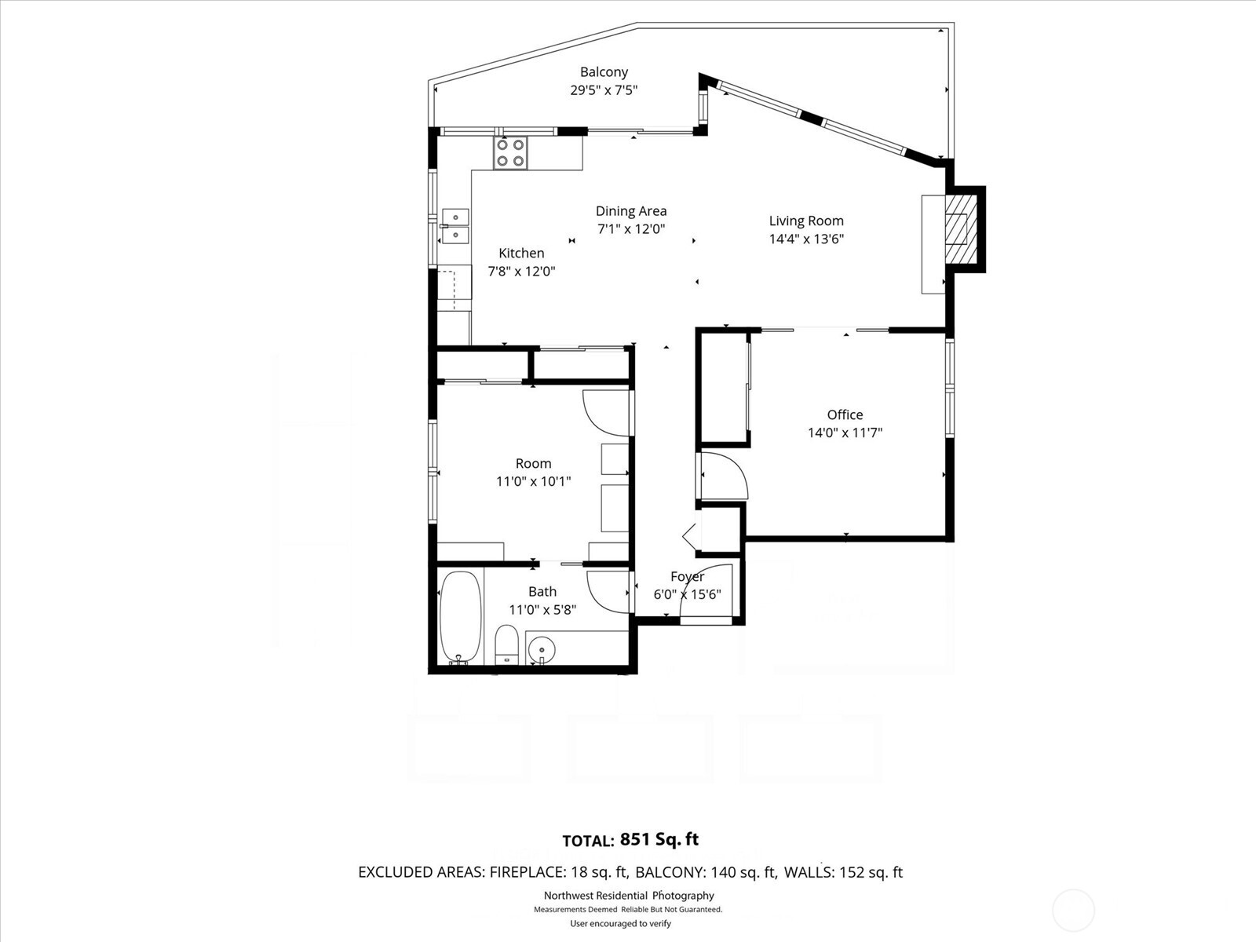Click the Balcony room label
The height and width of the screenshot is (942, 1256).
(x=604, y=72)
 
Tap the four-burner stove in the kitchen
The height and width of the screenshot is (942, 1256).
(x=510, y=153)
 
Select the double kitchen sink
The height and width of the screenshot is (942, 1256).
(x=455, y=226)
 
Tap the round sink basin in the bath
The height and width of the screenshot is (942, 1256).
(x=541, y=649)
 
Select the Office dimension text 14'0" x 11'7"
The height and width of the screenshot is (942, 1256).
(x=845, y=433)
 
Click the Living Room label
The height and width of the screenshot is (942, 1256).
(x=806, y=221)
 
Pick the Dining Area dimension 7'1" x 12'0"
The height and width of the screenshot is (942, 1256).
(x=631, y=229)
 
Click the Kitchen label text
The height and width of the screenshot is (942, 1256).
(x=521, y=253)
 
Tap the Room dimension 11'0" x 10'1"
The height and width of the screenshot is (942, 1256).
(x=533, y=481)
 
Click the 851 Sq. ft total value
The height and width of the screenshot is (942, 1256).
(x=659, y=839)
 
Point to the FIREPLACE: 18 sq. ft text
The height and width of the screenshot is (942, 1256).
(x=558, y=872)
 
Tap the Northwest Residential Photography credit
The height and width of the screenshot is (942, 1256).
(x=629, y=896)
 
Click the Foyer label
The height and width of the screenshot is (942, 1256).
(x=687, y=577)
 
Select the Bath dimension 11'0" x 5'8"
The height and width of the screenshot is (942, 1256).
(x=542, y=609)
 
